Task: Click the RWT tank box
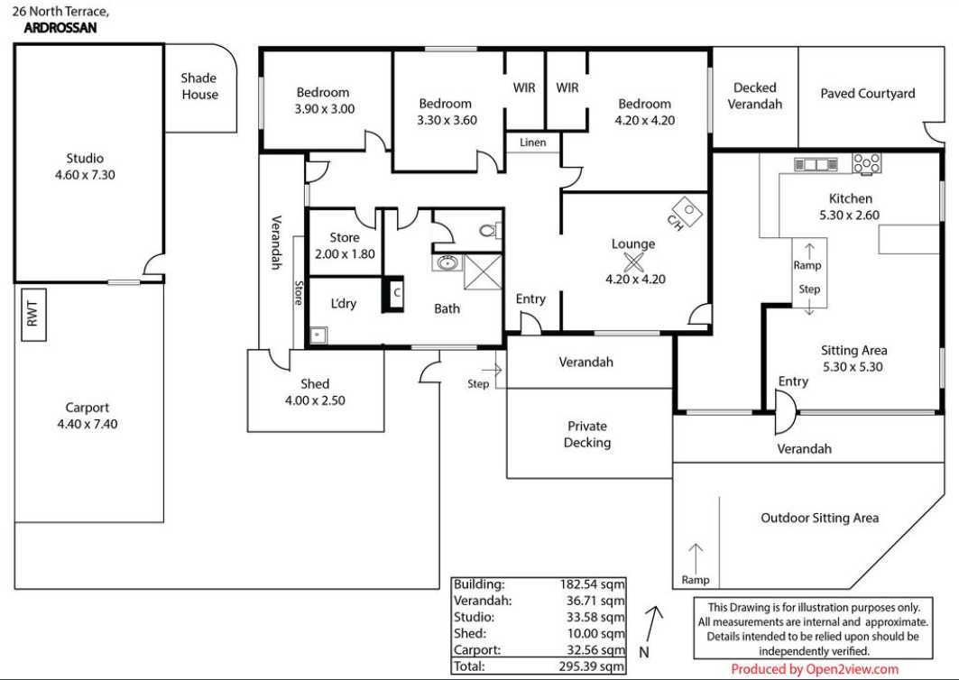click(x=33, y=315)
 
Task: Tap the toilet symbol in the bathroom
click(x=489, y=231)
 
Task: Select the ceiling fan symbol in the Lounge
click(x=633, y=263)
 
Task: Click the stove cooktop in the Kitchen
click(x=867, y=163)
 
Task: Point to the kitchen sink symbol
click(x=816, y=164)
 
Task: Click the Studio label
click(x=85, y=158)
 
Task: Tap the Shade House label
click(x=199, y=87)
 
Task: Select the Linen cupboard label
click(x=532, y=142)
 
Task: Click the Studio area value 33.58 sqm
click(x=592, y=617)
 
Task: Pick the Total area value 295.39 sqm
click(x=592, y=666)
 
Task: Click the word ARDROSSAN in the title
click(x=60, y=28)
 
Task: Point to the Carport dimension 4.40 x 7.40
click(x=88, y=424)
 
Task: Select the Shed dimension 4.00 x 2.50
click(x=315, y=400)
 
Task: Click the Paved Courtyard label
click(x=867, y=94)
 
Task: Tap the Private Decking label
click(x=587, y=434)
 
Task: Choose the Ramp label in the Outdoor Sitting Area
click(x=696, y=580)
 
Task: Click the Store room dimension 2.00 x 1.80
click(x=345, y=253)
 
